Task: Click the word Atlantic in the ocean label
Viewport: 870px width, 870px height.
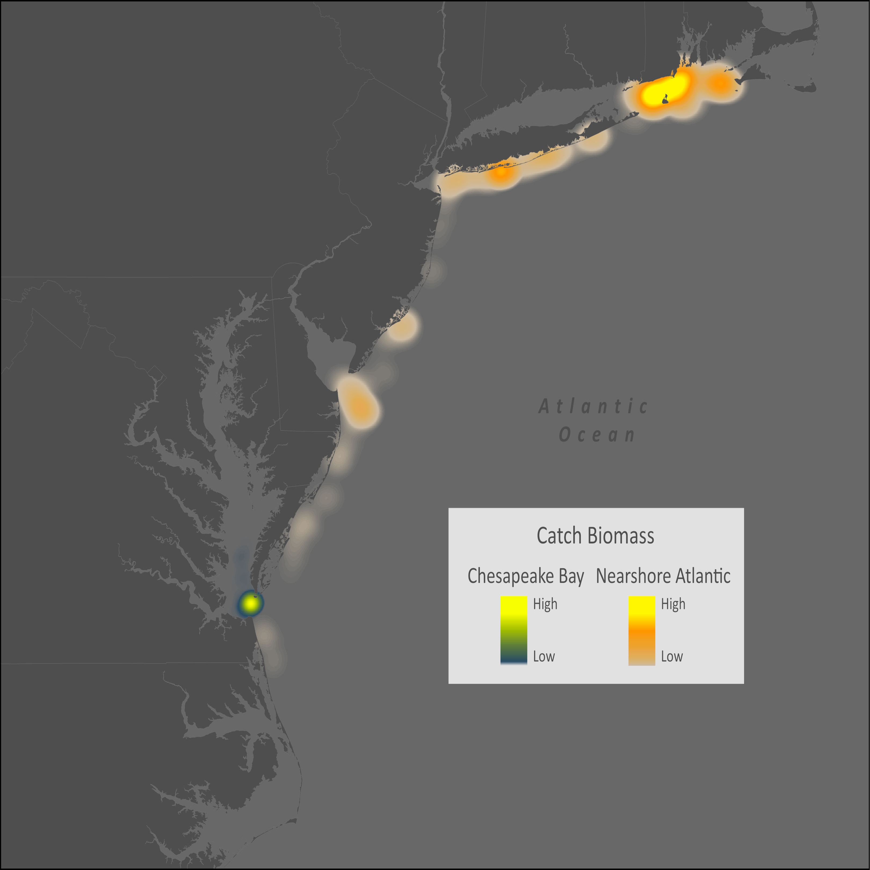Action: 593,407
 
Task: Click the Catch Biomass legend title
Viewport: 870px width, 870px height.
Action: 595,536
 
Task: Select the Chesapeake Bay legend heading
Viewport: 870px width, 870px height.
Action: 525,576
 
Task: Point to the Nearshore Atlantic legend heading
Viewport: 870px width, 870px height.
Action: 663,576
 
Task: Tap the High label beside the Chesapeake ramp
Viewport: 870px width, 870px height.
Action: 545,604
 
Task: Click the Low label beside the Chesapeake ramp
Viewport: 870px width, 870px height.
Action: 543,657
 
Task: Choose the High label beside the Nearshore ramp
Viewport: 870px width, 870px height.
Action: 673,604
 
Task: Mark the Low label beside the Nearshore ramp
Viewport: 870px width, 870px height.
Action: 671,657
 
